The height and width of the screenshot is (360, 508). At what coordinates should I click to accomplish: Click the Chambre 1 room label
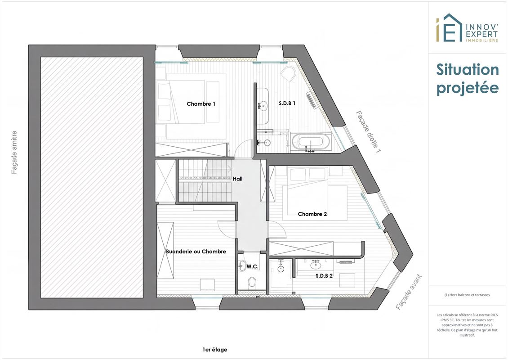pos(201,104)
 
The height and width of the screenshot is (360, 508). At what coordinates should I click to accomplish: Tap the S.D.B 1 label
pos(287,103)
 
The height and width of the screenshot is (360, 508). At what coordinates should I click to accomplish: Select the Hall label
pos(237,179)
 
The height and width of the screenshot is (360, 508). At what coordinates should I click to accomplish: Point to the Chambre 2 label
pos(312,214)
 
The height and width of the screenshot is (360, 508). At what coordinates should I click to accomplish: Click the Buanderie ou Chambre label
pos(196,252)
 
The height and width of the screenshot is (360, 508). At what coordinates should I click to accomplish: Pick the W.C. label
pos(252,266)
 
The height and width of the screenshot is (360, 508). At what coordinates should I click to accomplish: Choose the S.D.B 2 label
pos(324,276)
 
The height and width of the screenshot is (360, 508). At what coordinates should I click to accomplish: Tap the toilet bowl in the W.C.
pos(252,283)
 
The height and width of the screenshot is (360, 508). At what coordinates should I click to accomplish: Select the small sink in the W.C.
pos(242,265)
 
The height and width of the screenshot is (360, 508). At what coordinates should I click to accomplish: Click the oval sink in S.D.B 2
pos(315,265)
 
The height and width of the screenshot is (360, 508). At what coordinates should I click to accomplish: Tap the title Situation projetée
pos(467,79)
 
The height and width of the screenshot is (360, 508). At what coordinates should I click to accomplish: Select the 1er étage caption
pos(215,350)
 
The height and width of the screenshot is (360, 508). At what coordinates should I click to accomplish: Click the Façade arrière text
pos(14,153)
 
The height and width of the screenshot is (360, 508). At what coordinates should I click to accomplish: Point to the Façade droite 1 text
pos(368,132)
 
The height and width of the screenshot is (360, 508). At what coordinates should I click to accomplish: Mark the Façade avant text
pos(409,292)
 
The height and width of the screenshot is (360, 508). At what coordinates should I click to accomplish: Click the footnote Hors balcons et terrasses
pos(467,295)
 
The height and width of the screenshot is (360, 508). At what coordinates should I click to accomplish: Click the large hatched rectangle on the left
pos(92,177)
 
